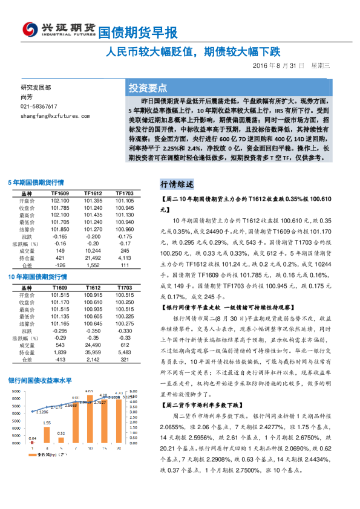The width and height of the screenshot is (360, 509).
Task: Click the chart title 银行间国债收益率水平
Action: [40, 381]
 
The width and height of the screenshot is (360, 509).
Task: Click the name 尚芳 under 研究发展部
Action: [26, 97]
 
